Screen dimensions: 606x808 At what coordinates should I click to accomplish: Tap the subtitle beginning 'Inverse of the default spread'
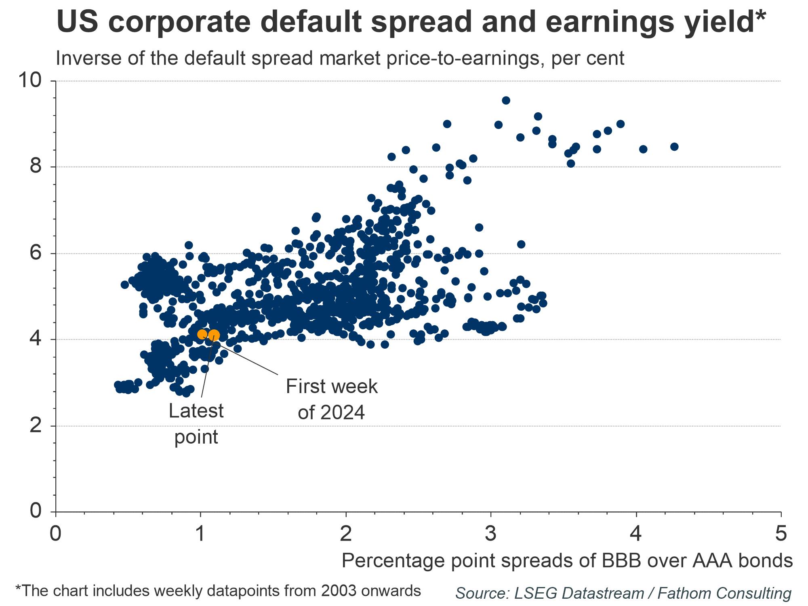(x=340, y=58)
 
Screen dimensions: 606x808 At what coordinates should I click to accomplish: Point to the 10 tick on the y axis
(x=30, y=81)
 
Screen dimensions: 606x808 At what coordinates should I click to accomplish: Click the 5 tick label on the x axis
(x=781, y=534)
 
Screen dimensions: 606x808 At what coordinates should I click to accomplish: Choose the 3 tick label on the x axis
(x=490, y=534)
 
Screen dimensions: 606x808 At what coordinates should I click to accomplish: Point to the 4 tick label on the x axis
(x=636, y=534)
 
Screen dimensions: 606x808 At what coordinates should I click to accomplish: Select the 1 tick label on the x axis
(x=200, y=534)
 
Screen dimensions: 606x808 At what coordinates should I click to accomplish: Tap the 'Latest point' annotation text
(x=196, y=424)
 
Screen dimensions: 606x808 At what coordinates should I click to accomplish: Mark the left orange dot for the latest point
(x=202, y=334)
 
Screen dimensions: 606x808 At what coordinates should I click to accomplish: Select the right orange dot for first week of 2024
(x=214, y=335)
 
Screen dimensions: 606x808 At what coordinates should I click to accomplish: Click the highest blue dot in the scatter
(x=506, y=100)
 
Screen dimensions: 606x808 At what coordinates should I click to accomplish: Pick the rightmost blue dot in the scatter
(x=674, y=147)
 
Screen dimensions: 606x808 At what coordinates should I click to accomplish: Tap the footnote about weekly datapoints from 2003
(x=218, y=591)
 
